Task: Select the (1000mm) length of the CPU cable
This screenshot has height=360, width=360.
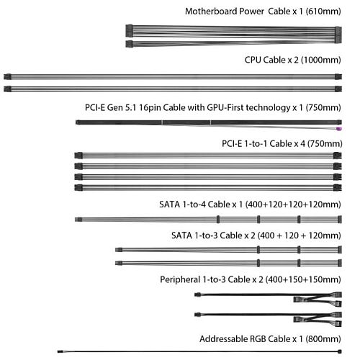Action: tap(320, 60)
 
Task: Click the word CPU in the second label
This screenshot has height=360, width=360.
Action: tap(253, 60)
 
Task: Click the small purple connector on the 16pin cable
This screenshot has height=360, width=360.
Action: tap(339, 129)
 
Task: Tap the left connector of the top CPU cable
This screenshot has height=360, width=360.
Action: tap(8, 77)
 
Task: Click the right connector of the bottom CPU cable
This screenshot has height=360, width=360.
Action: tap(338, 89)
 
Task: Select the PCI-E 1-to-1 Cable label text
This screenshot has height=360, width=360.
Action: tap(256, 144)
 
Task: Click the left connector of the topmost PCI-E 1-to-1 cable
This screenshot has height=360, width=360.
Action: tap(78, 156)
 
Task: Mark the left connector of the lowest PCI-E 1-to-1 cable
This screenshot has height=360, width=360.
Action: tap(78, 188)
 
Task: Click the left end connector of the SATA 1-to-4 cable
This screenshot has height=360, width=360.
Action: tap(78, 220)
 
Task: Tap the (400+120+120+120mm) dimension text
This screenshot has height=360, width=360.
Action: tap(293, 204)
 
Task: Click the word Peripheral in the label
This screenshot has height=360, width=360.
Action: tap(180, 280)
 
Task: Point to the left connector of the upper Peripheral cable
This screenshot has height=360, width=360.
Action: tap(197, 294)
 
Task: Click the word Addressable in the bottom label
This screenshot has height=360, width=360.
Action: tap(223, 339)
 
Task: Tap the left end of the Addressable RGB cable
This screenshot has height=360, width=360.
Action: tap(60, 351)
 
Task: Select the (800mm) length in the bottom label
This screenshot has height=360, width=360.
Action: tap(323, 339)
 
